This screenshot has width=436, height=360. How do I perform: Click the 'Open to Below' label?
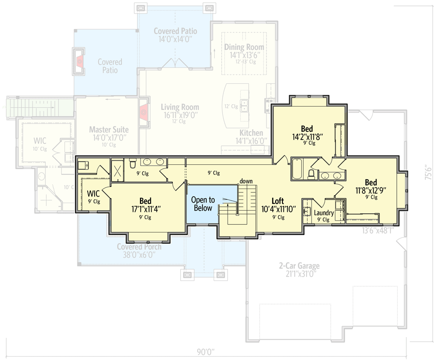203,204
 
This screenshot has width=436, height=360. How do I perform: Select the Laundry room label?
324,213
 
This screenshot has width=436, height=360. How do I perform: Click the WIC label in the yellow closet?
93,194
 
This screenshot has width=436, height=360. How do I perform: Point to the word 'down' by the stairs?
246,181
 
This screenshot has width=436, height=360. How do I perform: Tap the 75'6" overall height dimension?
428,172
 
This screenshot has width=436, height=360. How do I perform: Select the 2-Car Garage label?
299,266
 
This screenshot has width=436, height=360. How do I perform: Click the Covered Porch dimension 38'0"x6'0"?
139,255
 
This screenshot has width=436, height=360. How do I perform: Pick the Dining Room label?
244,47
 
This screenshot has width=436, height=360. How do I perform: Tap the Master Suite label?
109,130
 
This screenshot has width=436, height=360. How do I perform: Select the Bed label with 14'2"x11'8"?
307,128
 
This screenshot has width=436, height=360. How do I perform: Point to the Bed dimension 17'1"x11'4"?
145,209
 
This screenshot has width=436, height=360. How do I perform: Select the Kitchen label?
251,133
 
